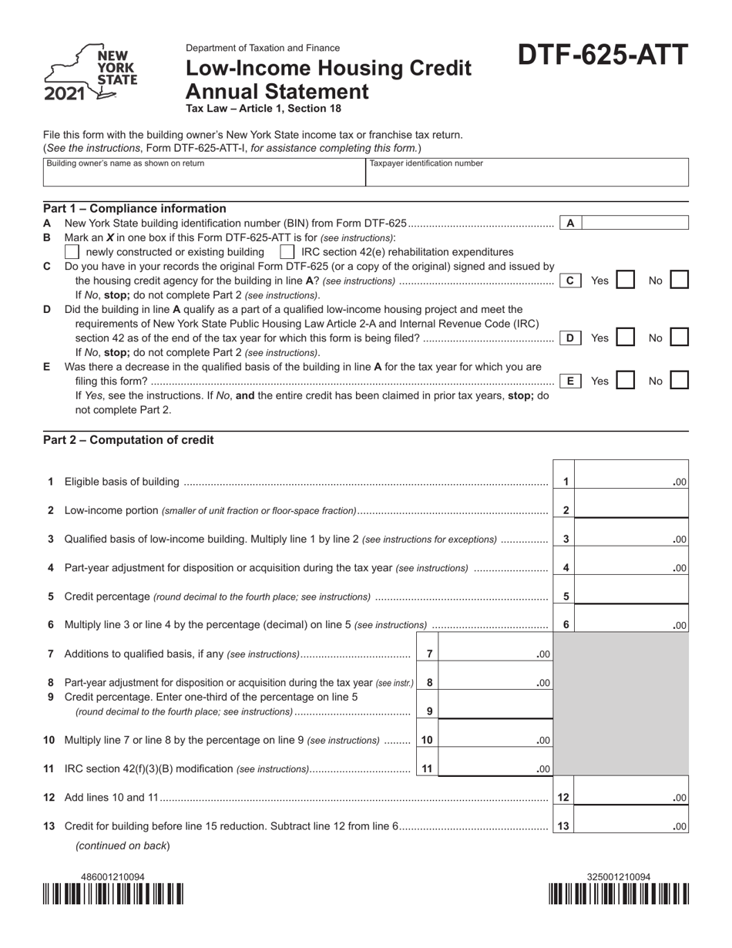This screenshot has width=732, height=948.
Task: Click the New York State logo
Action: pyautogui.click(x=90, y=75)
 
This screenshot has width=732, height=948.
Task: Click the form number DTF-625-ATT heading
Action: pyautogui.click(x=603, y=56)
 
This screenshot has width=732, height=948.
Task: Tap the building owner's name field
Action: pyautogui.click(x=203, y=176)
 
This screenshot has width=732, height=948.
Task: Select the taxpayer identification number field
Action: pyautogui.click(x=526, y=176)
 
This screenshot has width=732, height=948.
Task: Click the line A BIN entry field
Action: pyautogui.click(x=635, y=223)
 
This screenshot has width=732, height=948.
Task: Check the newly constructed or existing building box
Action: pyautogui.click(x=72, y=252)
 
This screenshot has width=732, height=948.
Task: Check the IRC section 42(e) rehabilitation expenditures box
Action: pyautogui.click(x=287, y=252)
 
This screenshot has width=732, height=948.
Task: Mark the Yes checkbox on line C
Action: pyautogui.click(x=626, y=280)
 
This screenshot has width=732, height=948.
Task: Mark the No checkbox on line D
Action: pyautogui.click(x=679, y=337)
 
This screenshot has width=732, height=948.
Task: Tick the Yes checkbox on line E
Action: pyautogui.click(x=626, y=380)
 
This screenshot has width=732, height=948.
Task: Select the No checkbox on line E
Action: pyautogui.click(x=679, y=380)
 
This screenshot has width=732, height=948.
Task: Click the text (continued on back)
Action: pyautogui.click(x=123, y=845)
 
